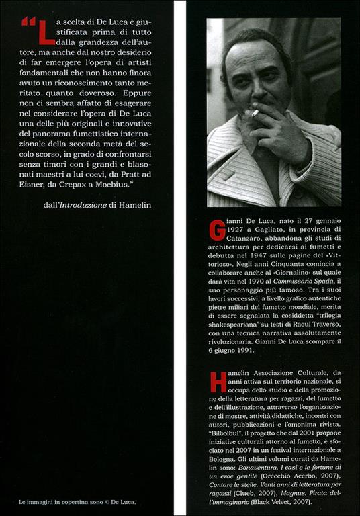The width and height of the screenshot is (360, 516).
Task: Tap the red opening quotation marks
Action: [28, 21]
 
